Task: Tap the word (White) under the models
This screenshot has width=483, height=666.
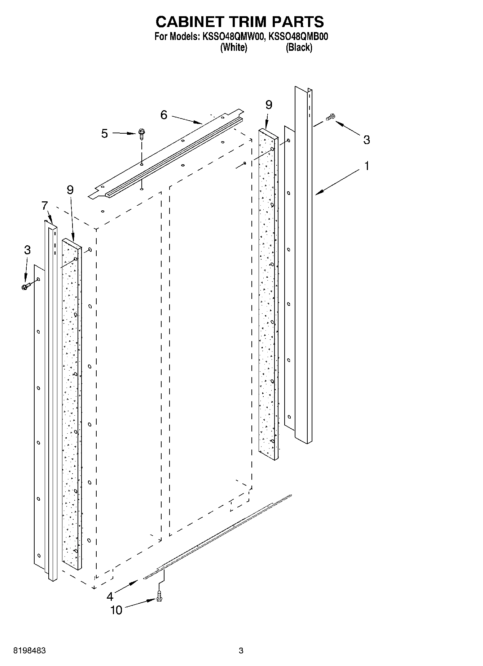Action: [x=234, y=47]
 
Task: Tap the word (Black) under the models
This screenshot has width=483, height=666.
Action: [x=299, y=47]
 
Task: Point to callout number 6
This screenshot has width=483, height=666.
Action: [x=164, y=115]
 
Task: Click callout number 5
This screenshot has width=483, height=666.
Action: [x=105, y=133]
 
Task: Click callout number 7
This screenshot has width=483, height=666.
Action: [x=44, y=206]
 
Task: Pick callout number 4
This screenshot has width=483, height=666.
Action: [x=110, y=596]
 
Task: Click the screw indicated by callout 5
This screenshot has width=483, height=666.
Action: [x=141, y=134]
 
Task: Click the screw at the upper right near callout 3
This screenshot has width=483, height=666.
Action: [x=330, y=117]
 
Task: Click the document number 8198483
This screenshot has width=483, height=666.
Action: [x=29, y=651]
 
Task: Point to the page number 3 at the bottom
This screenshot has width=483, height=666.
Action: [x=241, y=651]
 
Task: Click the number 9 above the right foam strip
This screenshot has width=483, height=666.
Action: [x=269, y=105]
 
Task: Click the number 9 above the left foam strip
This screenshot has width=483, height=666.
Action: [x=70, y=190]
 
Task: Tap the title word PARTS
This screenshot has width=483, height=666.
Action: [x=298, y=22]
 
